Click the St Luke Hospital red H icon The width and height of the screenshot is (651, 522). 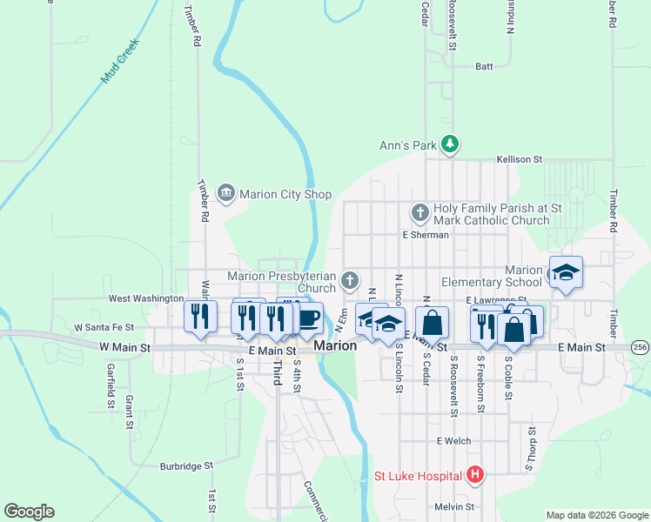click(475, 475)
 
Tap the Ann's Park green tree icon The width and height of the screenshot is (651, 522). click(449, 144)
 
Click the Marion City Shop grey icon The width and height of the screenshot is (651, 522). click(226, 192)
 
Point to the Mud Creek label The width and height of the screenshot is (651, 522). click(120, 65)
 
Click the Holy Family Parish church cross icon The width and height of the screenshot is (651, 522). click(419, 211)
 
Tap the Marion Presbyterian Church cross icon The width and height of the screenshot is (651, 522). click(349, 280)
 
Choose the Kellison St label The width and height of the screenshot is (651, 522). click(520, 160)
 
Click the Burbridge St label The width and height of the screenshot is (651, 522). click(186, 466)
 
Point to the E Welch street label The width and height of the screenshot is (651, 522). click(453, 441)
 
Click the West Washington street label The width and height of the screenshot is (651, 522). click(144, 298)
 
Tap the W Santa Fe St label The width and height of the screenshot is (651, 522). click(104, 328)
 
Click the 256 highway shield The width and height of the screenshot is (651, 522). click(641, 347)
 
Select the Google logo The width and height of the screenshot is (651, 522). click(29, 512)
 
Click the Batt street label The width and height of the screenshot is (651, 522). click(484, 66)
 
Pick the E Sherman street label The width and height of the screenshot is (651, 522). click(425, 235)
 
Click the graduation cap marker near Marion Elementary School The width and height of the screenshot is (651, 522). click(566, 273)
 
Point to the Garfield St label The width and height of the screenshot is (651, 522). click(111, 386)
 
